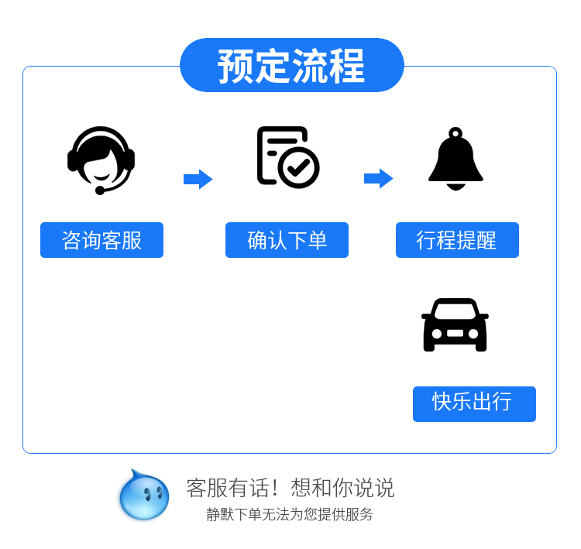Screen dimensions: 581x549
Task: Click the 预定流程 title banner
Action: pos(291,65)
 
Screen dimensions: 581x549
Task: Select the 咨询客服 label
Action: pos(101,240)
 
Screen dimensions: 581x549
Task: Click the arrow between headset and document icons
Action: pos(198,179)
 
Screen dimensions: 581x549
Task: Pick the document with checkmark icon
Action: pos(287,157)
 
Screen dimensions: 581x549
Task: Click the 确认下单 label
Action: pos(287,240)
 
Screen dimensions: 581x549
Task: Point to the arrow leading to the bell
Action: pos(378,179)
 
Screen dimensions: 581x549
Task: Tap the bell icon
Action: pos(456,160)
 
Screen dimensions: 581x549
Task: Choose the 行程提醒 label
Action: pos(457,240)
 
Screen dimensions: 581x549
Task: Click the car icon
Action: pos(455,324)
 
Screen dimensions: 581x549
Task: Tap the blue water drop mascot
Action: pos(144,496)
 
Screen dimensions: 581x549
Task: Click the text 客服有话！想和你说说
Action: pos(290,488)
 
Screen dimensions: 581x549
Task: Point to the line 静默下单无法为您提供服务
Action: pos(290,514)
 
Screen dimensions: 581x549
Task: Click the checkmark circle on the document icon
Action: pos(299,166)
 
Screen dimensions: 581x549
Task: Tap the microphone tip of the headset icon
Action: pos(100,190)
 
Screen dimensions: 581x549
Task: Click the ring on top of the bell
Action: pos(456,132)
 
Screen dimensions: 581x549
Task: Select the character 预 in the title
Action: pos(235,66)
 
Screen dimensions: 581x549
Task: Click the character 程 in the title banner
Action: pos(346,66)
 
